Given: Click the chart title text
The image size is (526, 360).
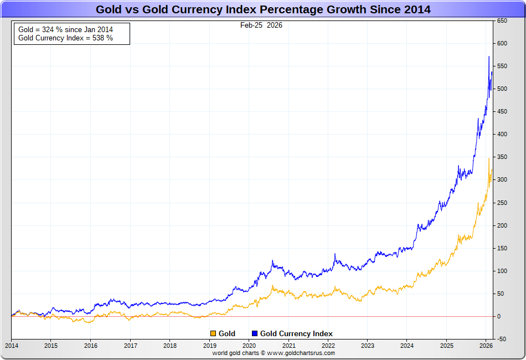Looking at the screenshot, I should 263,9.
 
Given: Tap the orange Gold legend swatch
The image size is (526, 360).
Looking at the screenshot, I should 213,333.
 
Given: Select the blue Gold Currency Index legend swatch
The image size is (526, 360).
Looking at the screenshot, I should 255,333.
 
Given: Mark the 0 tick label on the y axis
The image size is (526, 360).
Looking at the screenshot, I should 498,316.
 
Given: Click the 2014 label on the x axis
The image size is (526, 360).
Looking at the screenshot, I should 11,346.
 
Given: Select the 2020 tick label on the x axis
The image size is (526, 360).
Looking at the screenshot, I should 249,346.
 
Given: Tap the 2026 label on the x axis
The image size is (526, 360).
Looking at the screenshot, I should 486,346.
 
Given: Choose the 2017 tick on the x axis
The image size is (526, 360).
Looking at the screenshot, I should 130,346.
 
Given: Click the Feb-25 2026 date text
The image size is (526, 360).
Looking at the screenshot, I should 261,25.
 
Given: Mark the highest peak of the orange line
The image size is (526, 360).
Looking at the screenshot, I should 488,158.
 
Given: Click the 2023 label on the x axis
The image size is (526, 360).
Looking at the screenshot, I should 368,346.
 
